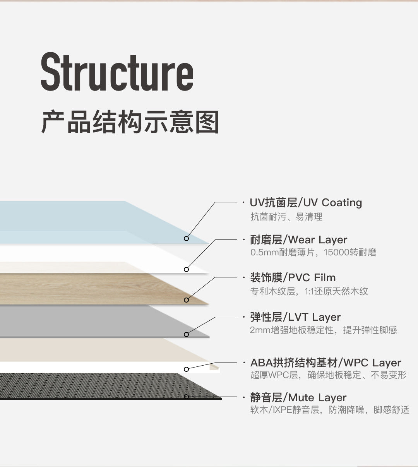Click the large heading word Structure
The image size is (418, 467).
tap(117, 73)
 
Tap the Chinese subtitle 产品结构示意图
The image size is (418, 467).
tap(130, 122)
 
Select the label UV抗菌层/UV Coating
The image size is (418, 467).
tap(306, 203)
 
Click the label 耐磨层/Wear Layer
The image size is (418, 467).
tap(298, 240)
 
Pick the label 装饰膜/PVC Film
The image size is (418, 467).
tap(293, 278)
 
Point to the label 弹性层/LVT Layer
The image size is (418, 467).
tap(295, 317)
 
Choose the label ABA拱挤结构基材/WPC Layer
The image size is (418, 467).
tap(325, 363)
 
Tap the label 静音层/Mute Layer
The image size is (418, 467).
tap(298, 397)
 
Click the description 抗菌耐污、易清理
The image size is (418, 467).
tap(286, 217)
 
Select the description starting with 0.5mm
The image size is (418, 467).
tap(313, 253)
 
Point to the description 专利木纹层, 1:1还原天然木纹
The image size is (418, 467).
tap(309, 291)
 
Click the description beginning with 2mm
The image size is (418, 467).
tap(323, 330)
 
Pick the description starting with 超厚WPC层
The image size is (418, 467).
tap(328, 375)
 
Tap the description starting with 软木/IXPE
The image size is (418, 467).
tap(329, 410)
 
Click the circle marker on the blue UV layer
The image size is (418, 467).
tap(186, 238)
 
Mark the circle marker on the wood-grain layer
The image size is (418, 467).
tap(186, 300)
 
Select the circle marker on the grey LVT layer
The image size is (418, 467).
tap(186, 334)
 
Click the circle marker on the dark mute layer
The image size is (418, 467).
tap(186, 397)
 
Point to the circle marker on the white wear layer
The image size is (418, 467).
tap(186, 269)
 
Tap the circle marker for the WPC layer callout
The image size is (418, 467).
tap(186, 369)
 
